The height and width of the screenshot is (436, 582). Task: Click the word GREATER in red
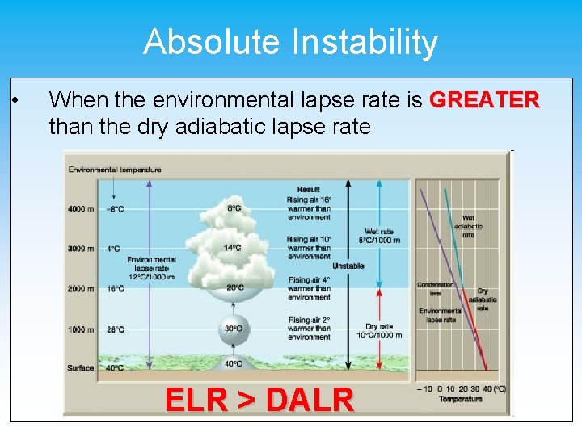tap(484, 100)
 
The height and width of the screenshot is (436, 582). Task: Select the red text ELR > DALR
tap(259, 400)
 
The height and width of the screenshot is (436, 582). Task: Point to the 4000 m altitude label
tap(82, 209)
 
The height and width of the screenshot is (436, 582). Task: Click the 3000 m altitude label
tap(82, 249)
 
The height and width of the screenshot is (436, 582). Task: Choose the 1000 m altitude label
tap(82, 329)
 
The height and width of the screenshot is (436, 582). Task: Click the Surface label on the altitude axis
tap(82, 367)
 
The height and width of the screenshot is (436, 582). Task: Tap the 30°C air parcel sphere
tap(233, 329)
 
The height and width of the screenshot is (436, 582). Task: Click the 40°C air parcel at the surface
tap(233, 363)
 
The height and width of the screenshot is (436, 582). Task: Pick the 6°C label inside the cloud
tap(234, 208)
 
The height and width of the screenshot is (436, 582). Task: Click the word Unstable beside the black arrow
tap(348, 266)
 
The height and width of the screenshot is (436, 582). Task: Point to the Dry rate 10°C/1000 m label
tap(378, 332)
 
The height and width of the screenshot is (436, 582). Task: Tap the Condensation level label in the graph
tap(435, 288)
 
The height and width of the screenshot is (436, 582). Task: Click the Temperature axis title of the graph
tap(461, 399)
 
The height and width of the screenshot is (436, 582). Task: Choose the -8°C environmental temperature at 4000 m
tap(116, 209)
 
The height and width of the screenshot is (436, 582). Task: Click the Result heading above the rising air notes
tap(309, 189)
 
